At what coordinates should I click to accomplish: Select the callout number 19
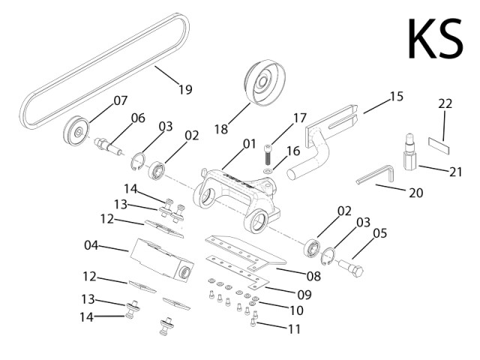click(184, 90)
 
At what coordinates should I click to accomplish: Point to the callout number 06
click(138, 118)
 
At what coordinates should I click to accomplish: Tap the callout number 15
click(396, 96)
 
